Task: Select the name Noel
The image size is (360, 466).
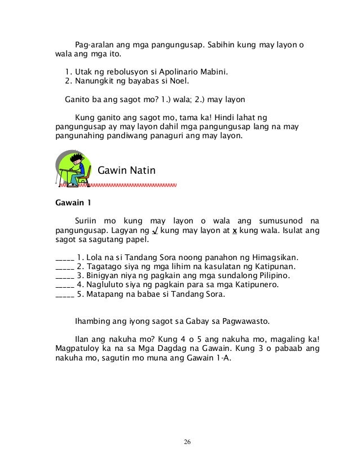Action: (x=187, y=82)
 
